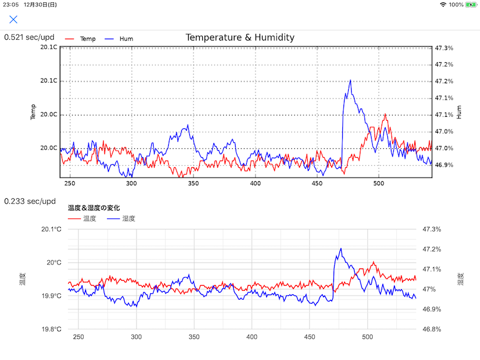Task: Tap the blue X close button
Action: click(13, 19)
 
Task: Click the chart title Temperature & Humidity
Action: click(240, 38)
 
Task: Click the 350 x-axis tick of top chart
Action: click(193, 184)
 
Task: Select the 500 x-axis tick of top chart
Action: click(379, 184)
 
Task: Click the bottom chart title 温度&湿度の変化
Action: click(94, 208)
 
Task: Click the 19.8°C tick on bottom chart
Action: click(50, 330)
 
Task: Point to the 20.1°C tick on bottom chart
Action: click(50, 229)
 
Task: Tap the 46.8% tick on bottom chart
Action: click(431, 330)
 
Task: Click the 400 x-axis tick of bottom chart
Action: click(252, 337)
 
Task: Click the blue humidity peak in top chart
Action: click(350, 81)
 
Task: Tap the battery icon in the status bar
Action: click(472, 4)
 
